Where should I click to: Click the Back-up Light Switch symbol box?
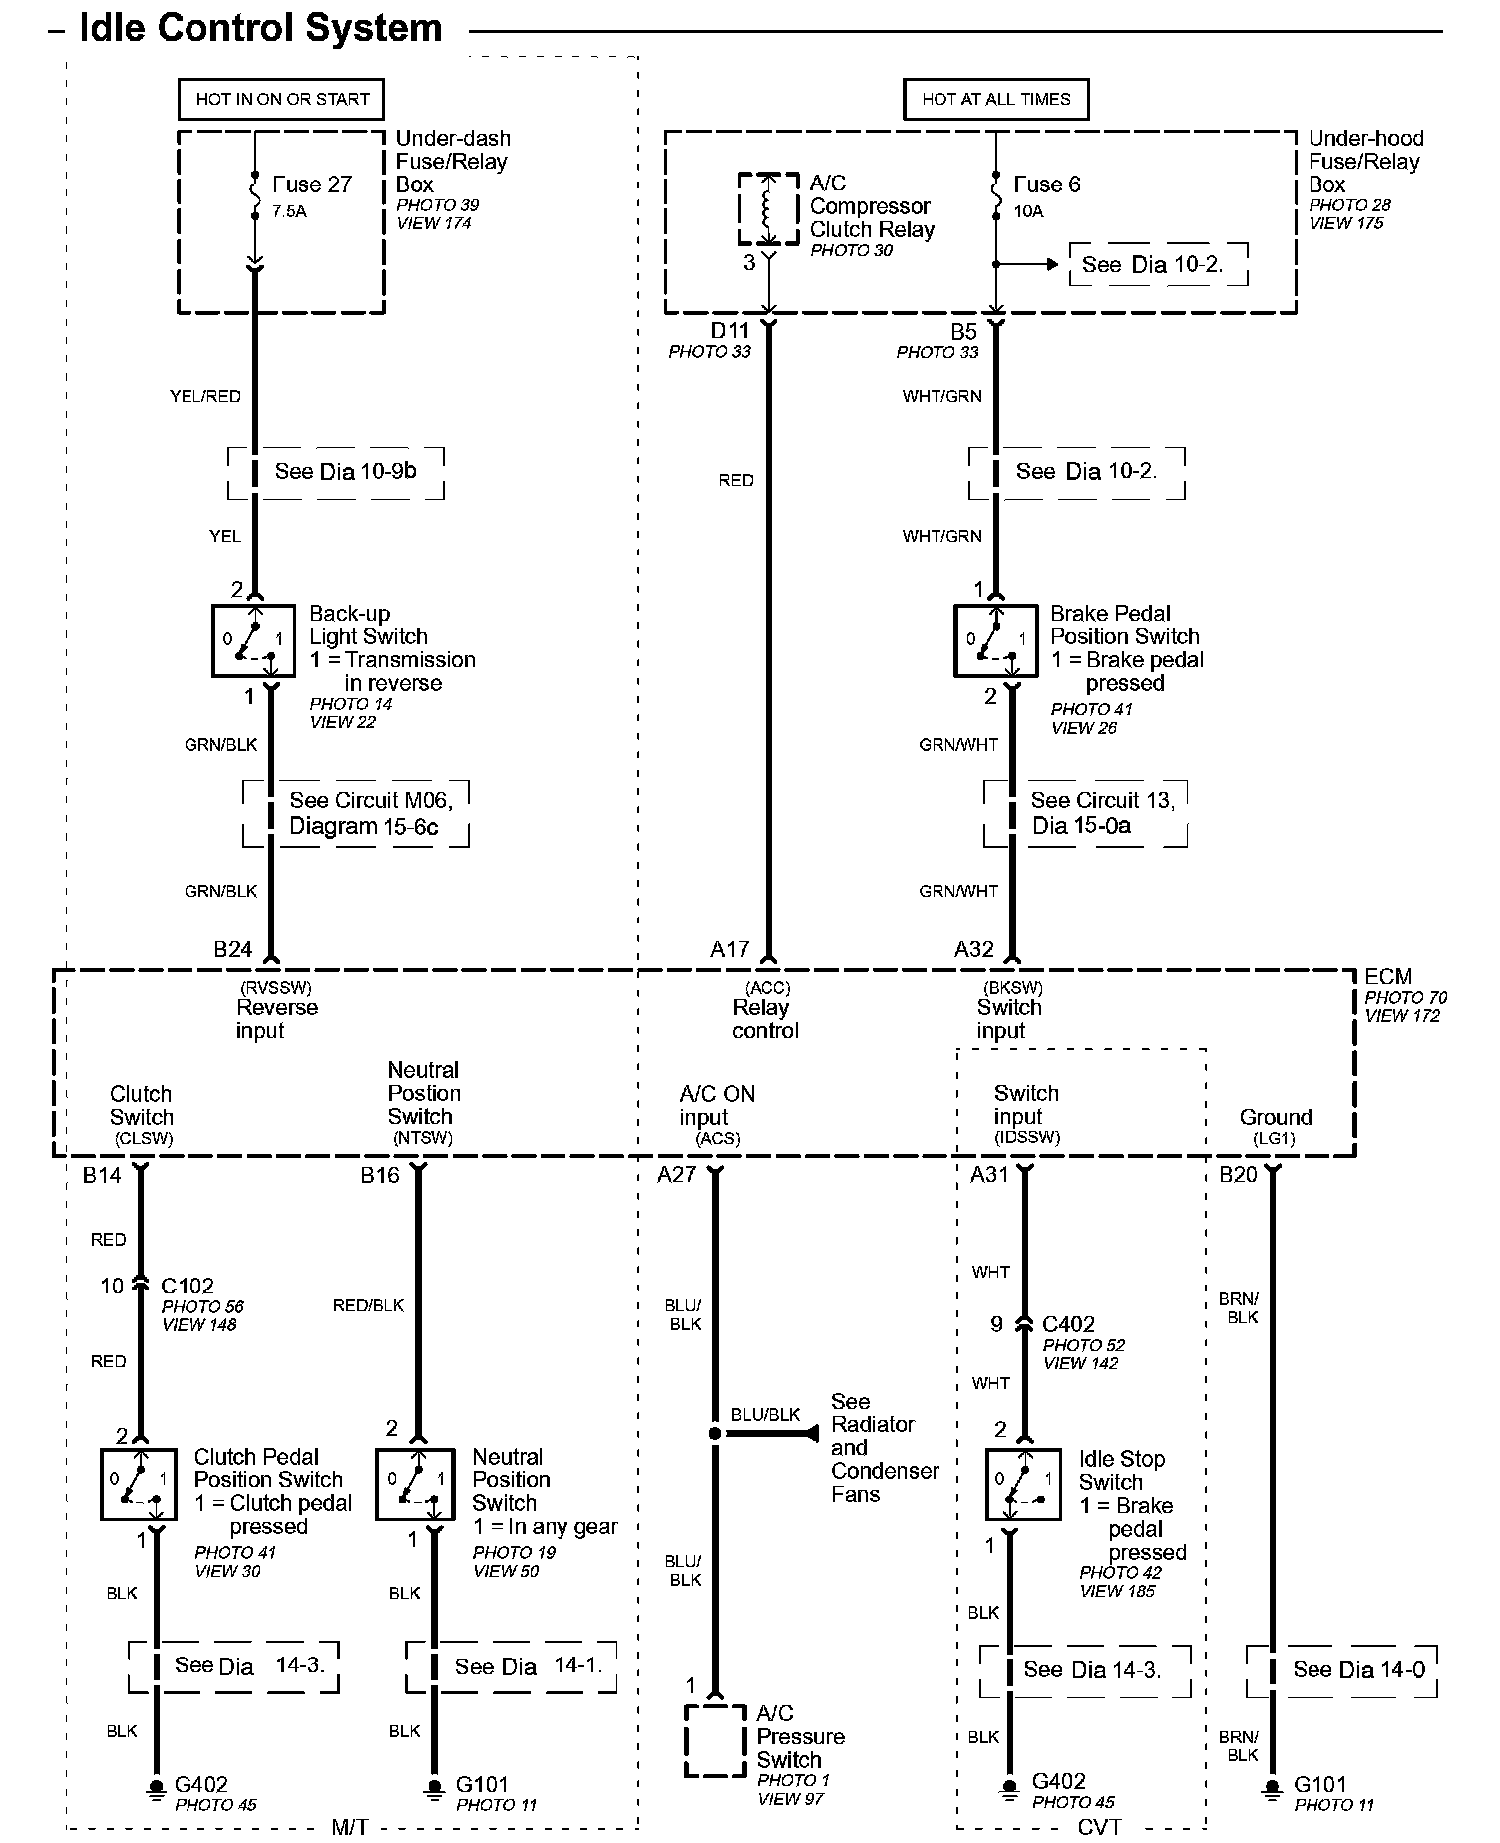253,641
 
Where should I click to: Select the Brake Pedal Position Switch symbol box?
995,641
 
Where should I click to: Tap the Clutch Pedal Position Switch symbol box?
139,1484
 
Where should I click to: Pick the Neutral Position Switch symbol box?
416,1484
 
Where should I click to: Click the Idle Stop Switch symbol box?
1023,1484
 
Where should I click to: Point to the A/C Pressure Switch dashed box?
715,1741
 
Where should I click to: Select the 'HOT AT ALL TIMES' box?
995,99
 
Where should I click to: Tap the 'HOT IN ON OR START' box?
282,99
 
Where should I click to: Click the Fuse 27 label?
312,184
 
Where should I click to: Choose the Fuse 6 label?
1046,184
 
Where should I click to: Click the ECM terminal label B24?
233,949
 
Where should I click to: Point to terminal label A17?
729,949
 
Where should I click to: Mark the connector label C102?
187,1286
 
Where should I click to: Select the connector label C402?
1068,1324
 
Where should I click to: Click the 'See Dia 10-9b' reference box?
336,472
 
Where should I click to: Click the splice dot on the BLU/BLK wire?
714,1433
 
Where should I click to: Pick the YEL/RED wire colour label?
205,396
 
